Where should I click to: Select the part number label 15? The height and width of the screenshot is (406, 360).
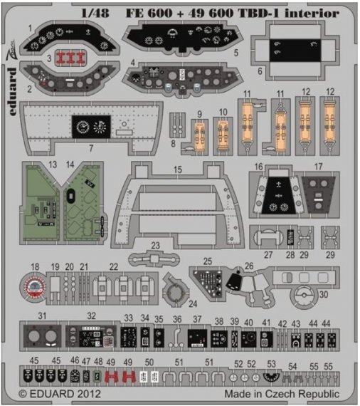pyautogui.click(x=178, y=171)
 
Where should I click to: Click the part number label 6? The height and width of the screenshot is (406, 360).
pyautogui.click(x=260, y=72)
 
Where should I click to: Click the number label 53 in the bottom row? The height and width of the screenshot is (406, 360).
pyautogui.click(x=271, y=364)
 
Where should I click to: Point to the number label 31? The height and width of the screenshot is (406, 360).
pyautogui.click(x=43, y=316)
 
